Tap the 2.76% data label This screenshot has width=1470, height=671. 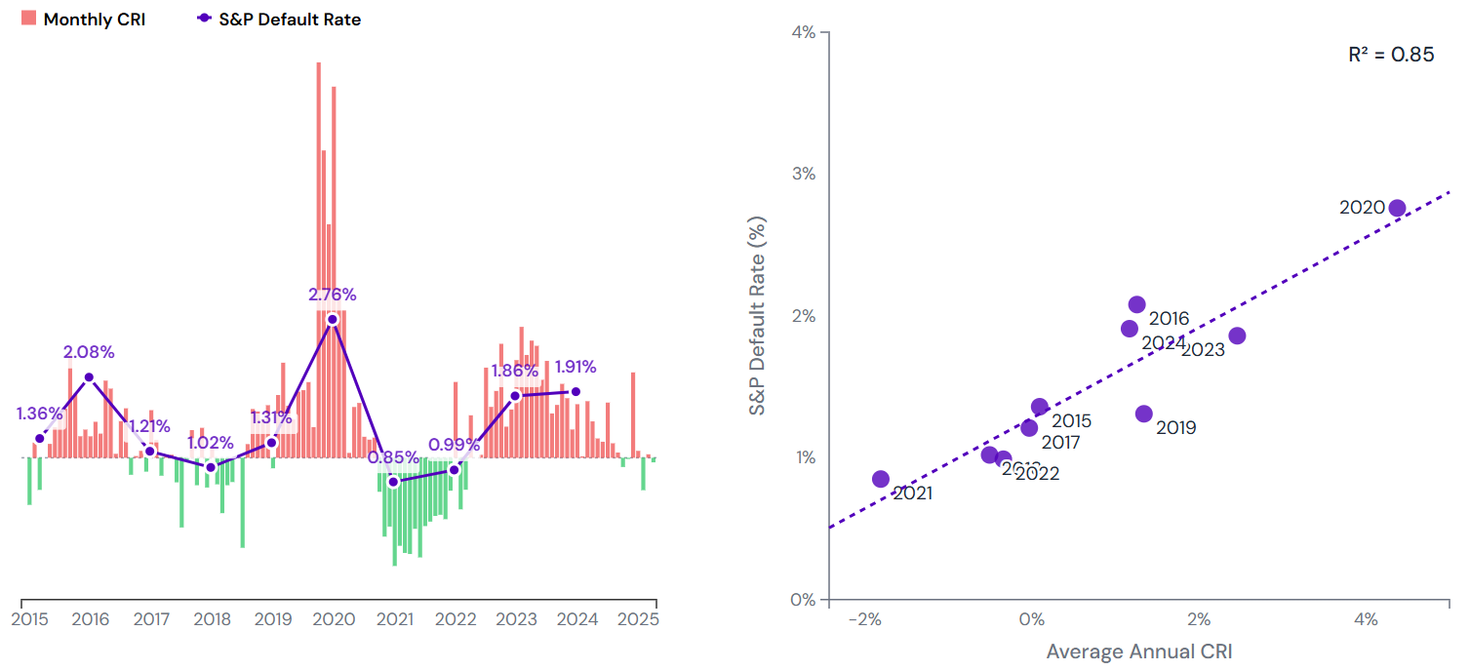[x=333, y=294]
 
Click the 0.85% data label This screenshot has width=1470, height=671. [x=394, y=456]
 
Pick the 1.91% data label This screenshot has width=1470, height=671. [x=576, y=368]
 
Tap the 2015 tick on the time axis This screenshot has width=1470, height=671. [x=29, y=619]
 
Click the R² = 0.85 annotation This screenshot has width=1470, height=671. [x=1391, y=55]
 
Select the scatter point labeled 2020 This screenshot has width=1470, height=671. [x=1397, y=208]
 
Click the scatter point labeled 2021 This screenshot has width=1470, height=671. [x=881, y=479]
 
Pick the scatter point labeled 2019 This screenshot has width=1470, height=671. [x=1144, y=414]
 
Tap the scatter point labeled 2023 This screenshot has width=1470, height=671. [x=1237, y=335]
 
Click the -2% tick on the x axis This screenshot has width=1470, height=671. [x=864, y=619]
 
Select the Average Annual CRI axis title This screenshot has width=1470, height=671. [x=1139, y=651]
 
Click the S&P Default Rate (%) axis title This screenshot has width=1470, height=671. [x=758, y=316]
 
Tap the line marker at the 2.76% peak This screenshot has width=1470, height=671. [x=333, y=319]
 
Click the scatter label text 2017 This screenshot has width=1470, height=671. [x=1060, y=442]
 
